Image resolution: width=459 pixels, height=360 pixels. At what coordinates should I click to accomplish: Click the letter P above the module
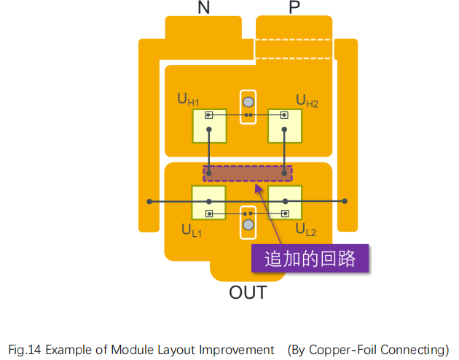[294, 8]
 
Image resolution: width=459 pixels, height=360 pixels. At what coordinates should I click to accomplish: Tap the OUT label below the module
[248, 294]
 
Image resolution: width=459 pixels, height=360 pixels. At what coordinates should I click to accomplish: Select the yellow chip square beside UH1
[209, 126]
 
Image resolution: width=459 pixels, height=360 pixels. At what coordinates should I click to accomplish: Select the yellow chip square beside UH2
[284, 126]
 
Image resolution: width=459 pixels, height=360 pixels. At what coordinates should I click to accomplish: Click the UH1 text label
[188, 99]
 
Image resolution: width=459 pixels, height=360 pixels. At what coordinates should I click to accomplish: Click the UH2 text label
[307, 100]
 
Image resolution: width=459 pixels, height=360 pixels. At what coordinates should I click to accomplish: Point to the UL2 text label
[305, 230]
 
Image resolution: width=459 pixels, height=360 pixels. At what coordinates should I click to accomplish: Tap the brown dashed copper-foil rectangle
[247, 173]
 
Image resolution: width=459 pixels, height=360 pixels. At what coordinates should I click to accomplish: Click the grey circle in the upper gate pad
[248, 102]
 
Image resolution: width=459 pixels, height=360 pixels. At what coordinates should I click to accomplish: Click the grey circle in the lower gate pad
[248, 224]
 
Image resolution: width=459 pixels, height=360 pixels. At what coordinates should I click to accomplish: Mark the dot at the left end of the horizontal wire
[149, 201]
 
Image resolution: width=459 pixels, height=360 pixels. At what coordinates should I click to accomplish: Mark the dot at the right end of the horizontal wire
[345, 201]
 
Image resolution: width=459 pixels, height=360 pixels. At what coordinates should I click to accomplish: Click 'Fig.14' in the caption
[24, 350]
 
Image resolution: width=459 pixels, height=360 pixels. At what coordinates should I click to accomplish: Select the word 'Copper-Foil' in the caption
[340, 350]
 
